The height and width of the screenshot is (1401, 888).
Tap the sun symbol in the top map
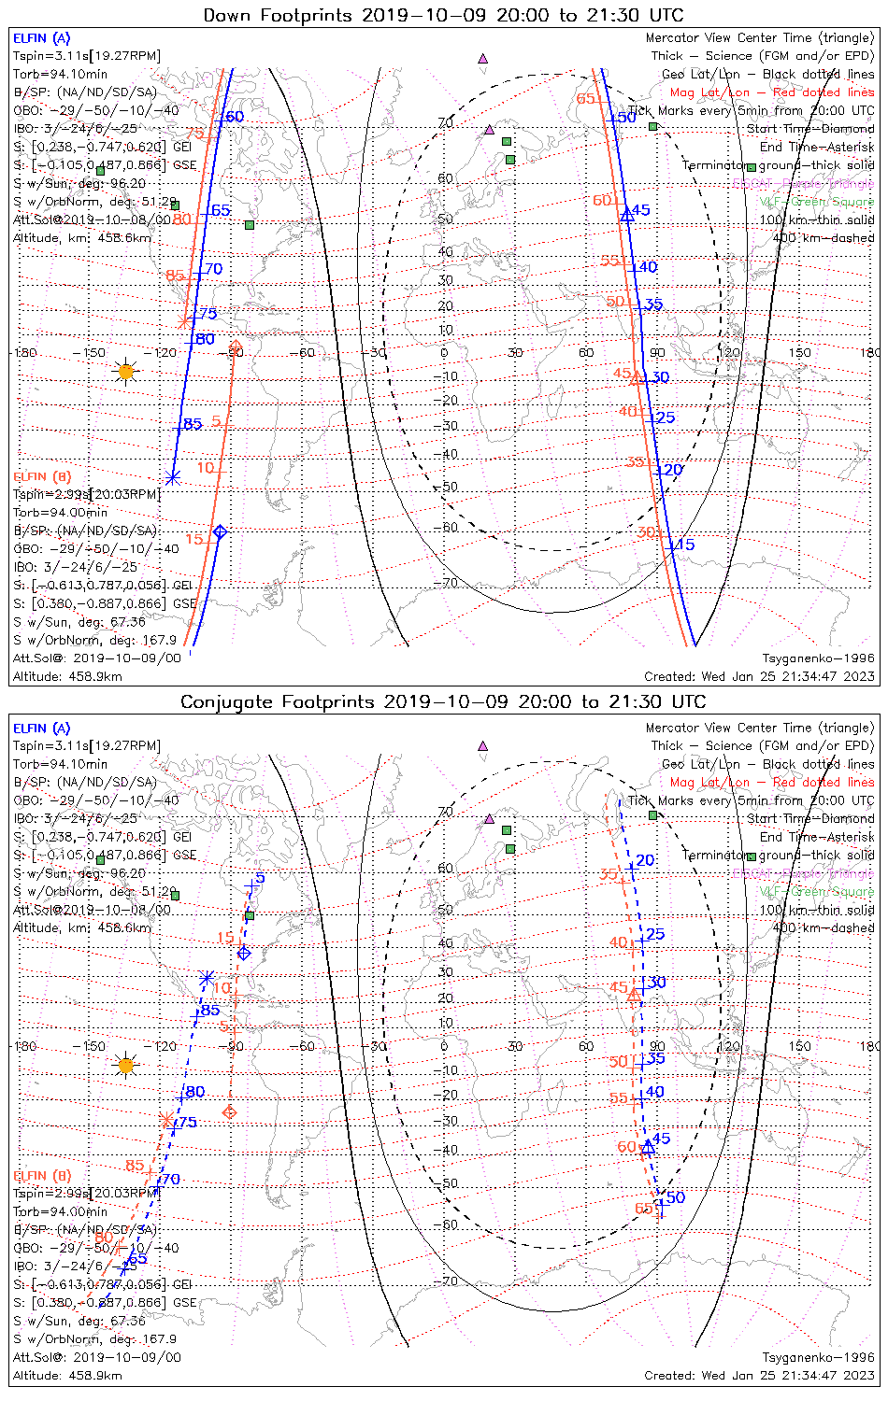tap(126, 372)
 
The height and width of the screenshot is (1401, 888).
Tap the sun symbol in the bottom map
tap(126, 1065)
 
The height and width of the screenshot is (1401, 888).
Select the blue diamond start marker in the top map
tap(220, 532)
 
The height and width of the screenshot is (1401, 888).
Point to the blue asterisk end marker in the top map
tap(172, 478)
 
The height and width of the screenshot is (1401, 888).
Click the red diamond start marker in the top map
tap(236, 347)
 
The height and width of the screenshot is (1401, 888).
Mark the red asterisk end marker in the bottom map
tap(166, 1119)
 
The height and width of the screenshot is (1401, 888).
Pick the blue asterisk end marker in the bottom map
tap(207, 978)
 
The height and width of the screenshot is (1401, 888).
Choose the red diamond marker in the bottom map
tap(230, 1112)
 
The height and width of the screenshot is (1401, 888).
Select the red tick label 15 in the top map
tap(193, 539)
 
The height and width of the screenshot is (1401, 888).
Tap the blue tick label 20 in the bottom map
tap(645, 860)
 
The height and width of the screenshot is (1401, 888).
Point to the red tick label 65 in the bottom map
tap(644, 1209)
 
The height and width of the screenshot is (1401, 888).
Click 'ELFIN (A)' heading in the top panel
tap(41, 38)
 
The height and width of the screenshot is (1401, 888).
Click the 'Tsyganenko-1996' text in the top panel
tap(818, 658)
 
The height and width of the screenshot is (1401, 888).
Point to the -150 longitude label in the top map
tap(93, 353)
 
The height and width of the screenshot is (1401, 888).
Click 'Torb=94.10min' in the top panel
tap(60, 74)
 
